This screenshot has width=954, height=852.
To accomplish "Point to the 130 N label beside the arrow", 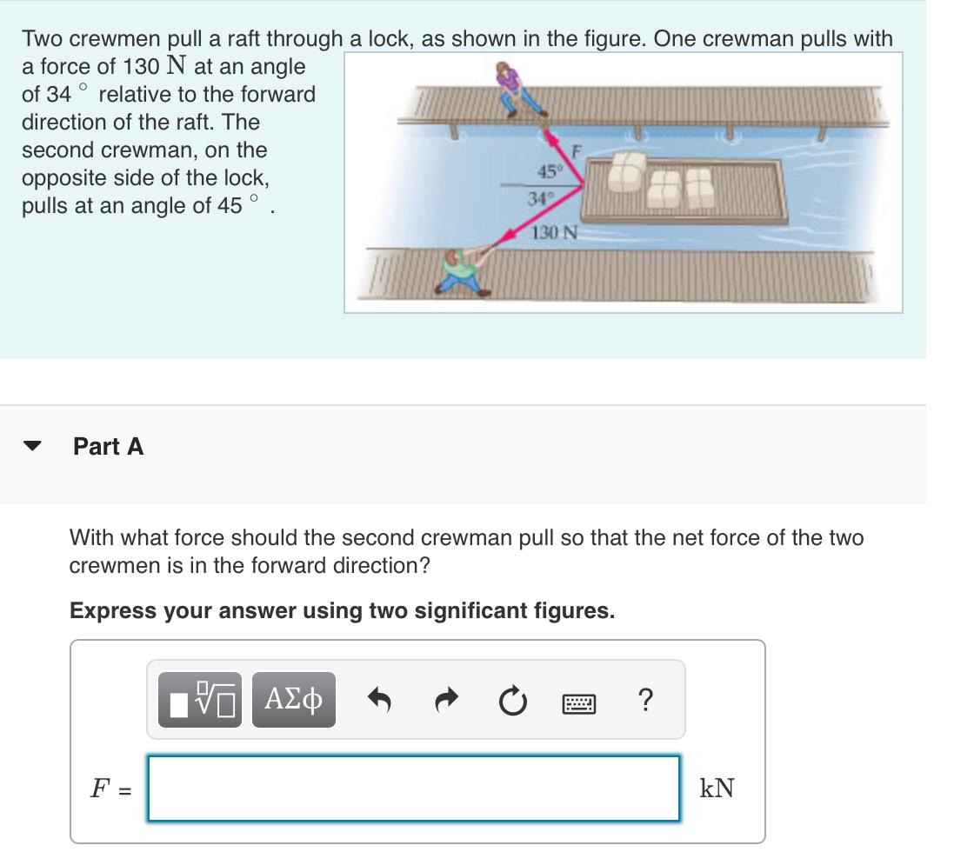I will click(x=553, y=232).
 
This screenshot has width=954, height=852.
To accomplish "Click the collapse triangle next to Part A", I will click(x=32, y=447).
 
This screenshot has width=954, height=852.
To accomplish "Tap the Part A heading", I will click(x=109, y=447).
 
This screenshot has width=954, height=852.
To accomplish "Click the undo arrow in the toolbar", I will click(x=379, y=699).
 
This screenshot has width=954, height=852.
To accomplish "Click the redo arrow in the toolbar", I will click(x=446, y=699).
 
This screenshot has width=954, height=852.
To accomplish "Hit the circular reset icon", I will click(x=513, y=699).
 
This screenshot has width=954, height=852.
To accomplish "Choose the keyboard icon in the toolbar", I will click(x=579, y=700).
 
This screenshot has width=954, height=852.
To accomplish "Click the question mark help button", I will click(x=644, y=699).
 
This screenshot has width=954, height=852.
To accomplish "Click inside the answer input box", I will click(x=413, y=789).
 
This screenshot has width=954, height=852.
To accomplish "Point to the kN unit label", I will click(x=717, y=789).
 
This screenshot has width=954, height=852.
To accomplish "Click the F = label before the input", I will click(x=109, y=789).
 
